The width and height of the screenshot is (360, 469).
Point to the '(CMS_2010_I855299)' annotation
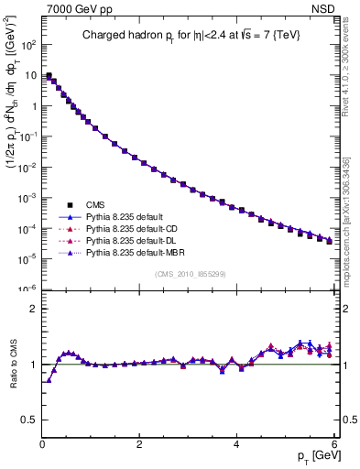[189, 274]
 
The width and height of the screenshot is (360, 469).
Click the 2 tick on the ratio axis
[32, 309]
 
